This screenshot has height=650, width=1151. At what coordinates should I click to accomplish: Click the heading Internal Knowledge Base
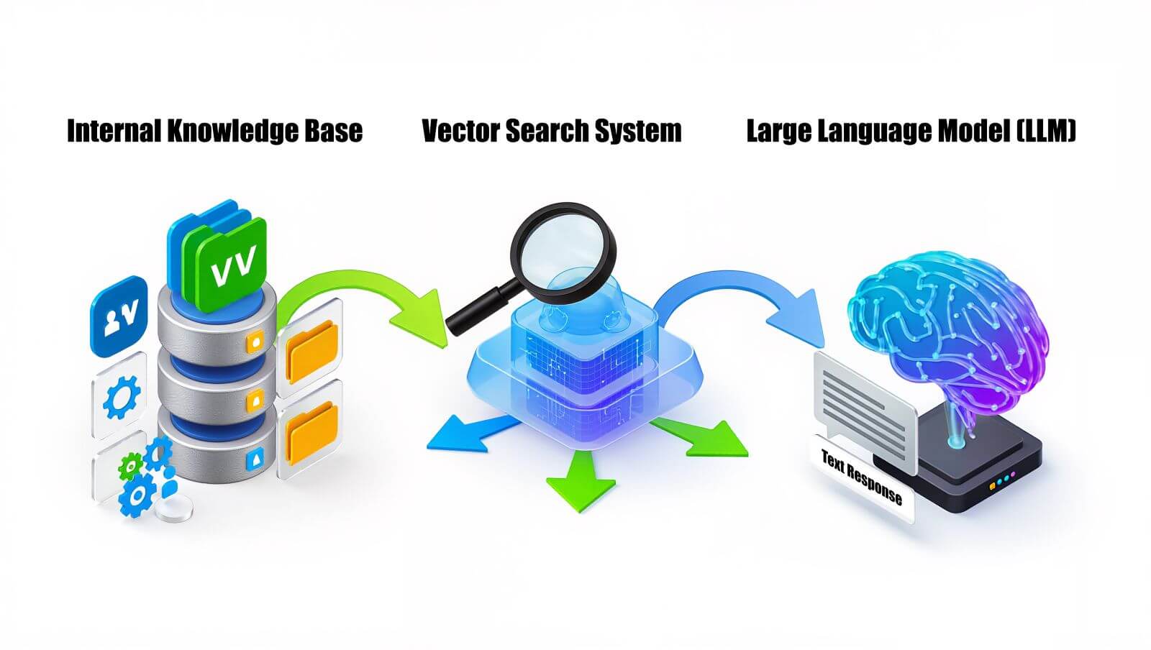(214, 132)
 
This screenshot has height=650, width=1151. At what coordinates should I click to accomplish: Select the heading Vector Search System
(551, 132)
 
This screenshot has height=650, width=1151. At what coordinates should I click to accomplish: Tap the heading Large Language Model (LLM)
(911, 132)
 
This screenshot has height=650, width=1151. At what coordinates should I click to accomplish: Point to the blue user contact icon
(117, 316)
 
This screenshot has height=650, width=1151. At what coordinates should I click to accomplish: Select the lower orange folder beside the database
(312, 431)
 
